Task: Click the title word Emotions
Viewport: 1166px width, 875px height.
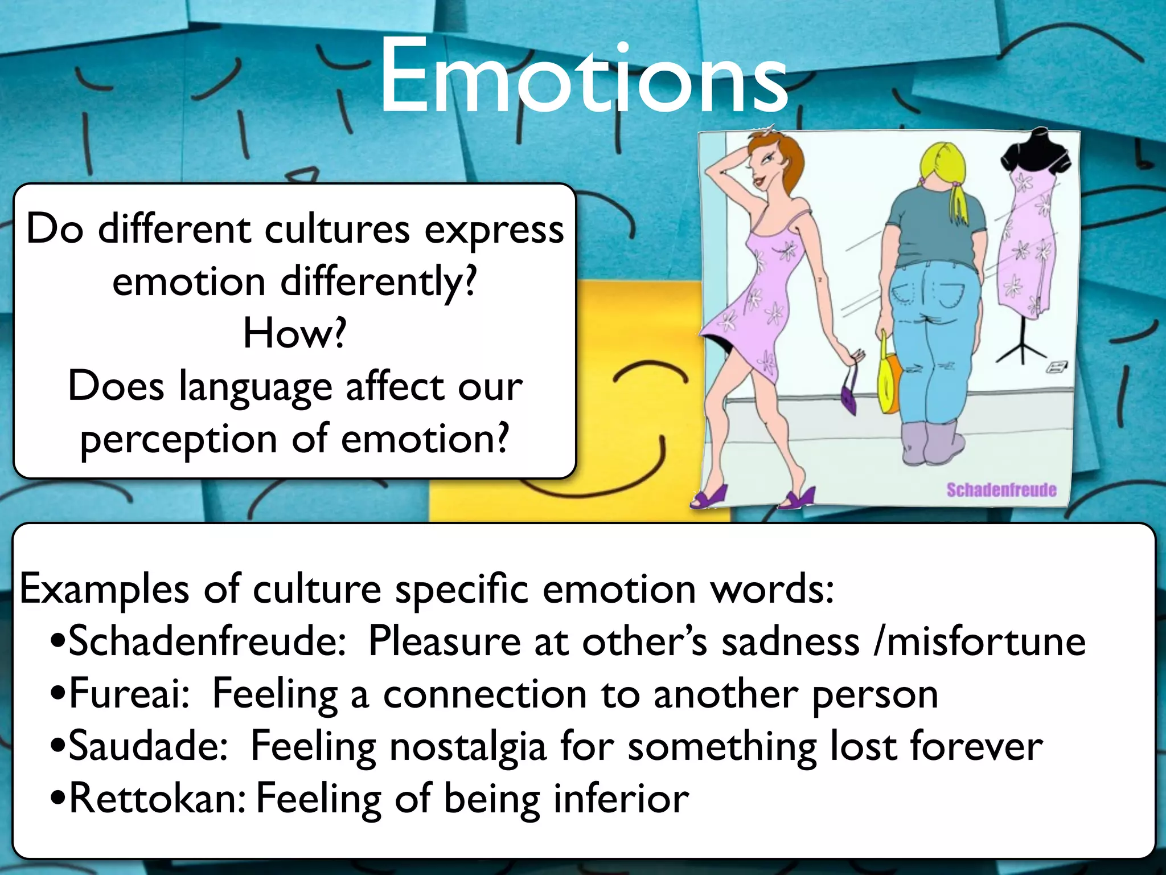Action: [583, 77]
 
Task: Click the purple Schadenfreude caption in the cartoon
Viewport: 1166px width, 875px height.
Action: [1001, 490]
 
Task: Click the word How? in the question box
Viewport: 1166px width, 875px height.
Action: [294, 334]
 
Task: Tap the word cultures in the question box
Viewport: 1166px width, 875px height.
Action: [337, 230]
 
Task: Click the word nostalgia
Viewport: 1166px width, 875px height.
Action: [467, 747]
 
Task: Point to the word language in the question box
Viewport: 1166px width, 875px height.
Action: [256, 387]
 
